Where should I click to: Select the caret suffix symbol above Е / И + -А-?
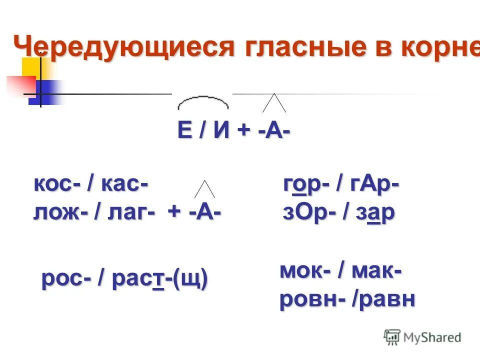tap(274, 103)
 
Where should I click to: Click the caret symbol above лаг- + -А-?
tap(204, 188)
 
